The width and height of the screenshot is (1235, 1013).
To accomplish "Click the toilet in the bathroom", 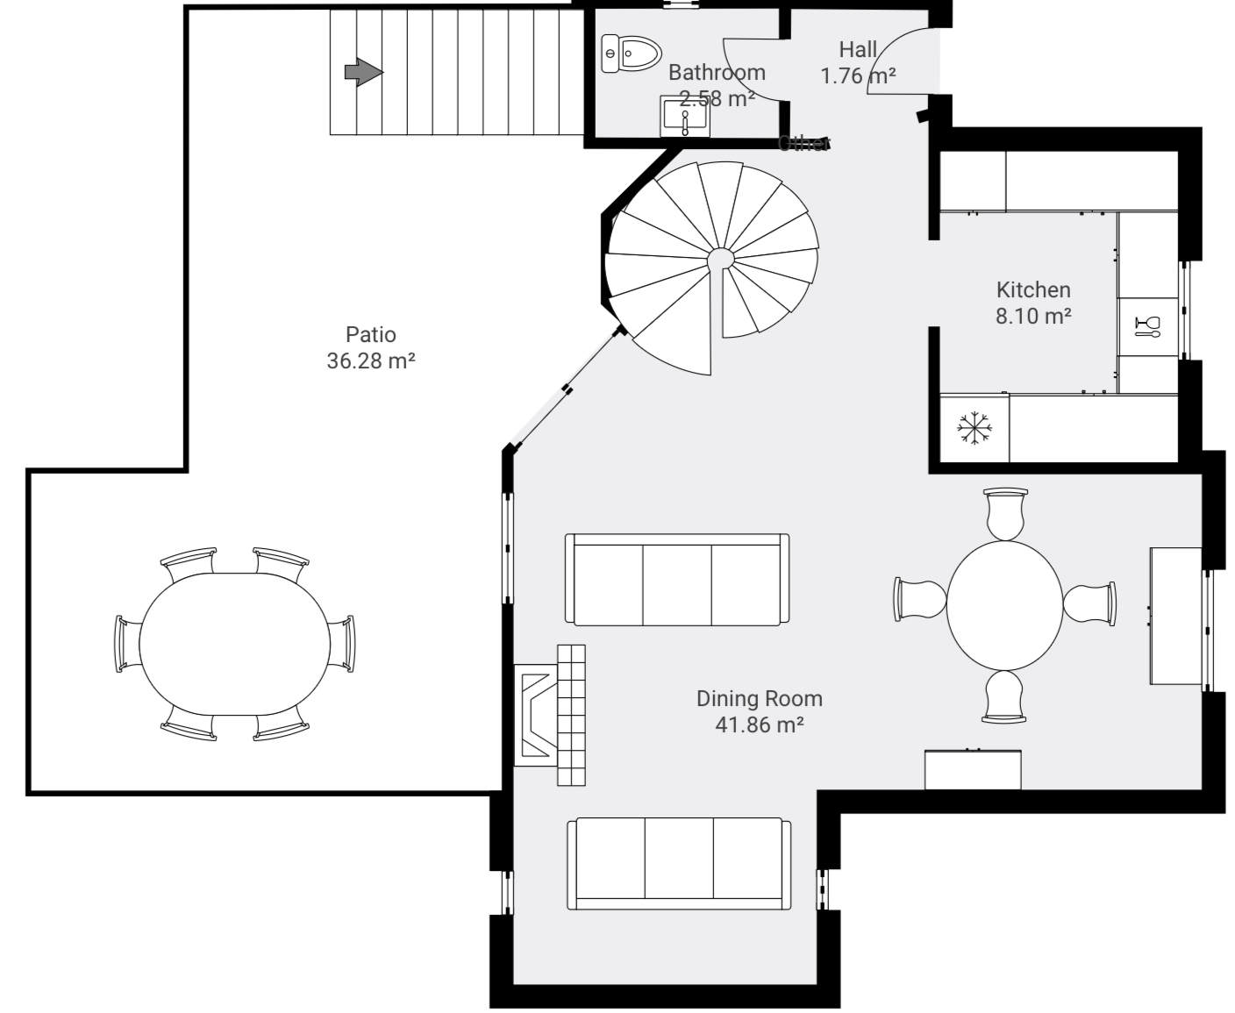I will point(632,54).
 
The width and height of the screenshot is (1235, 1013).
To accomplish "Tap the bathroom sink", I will point(684,118).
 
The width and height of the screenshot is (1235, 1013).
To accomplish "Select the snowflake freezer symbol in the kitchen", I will point(974,429).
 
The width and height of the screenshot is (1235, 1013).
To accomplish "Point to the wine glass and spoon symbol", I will point(1147,326).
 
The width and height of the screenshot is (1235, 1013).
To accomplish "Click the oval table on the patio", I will point(234,645).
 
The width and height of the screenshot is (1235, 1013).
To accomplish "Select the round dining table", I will point(1004,603).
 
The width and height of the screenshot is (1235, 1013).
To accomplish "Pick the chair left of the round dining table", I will point(919,600).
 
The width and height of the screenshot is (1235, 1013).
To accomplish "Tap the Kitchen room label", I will point(1032,289).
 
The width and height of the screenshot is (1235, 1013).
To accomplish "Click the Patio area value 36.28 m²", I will point(370,360).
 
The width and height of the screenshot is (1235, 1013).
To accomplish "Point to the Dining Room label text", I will point(759,698).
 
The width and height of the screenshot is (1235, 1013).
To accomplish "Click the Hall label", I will point(857,50).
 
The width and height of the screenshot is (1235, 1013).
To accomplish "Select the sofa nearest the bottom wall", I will point(679,864).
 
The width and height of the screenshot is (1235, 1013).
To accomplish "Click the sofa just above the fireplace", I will point(676,580).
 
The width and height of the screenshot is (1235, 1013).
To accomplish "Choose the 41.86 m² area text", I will point(759,724).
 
